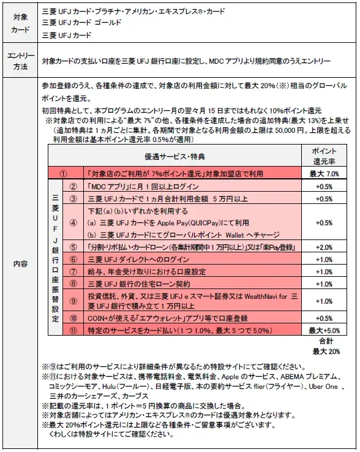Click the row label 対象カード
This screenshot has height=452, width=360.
20,23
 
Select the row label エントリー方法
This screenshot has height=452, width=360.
20,62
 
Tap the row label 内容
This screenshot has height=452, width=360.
20,264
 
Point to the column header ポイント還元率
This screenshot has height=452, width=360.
324,156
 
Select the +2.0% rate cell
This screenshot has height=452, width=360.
324,247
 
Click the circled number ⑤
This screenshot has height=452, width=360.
73,247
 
